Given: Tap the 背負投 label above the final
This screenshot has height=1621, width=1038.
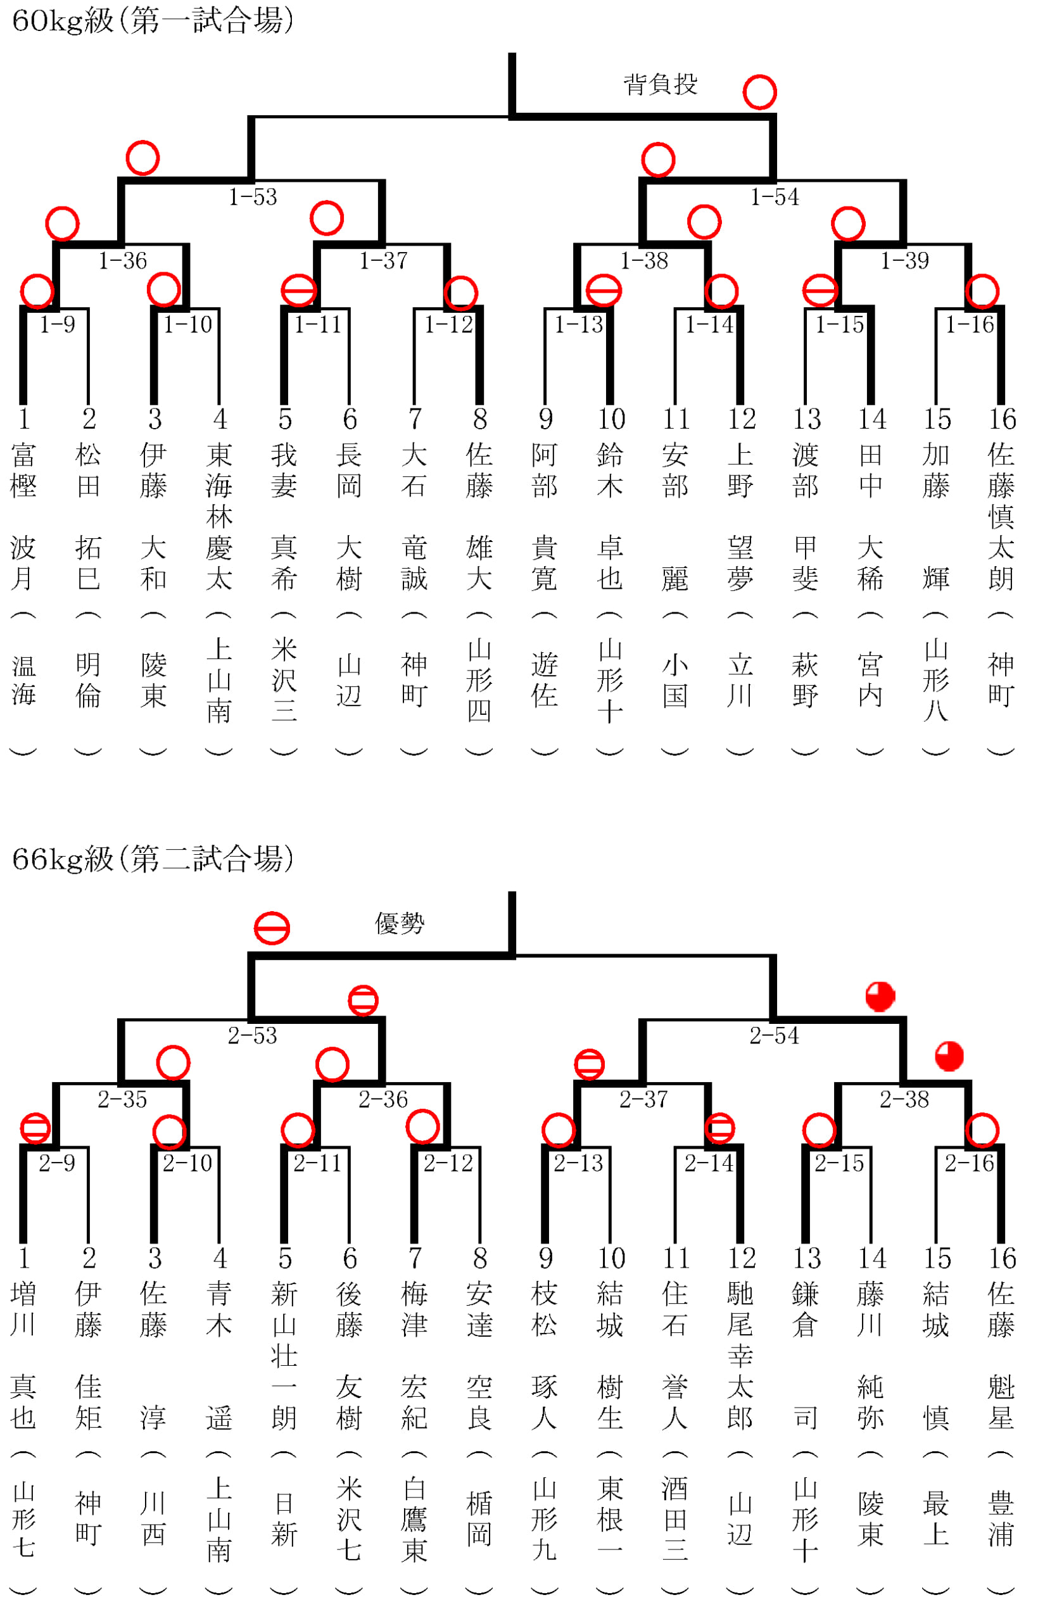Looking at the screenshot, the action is coord(661,85).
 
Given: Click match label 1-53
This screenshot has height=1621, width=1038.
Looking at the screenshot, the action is coord(253,197).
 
